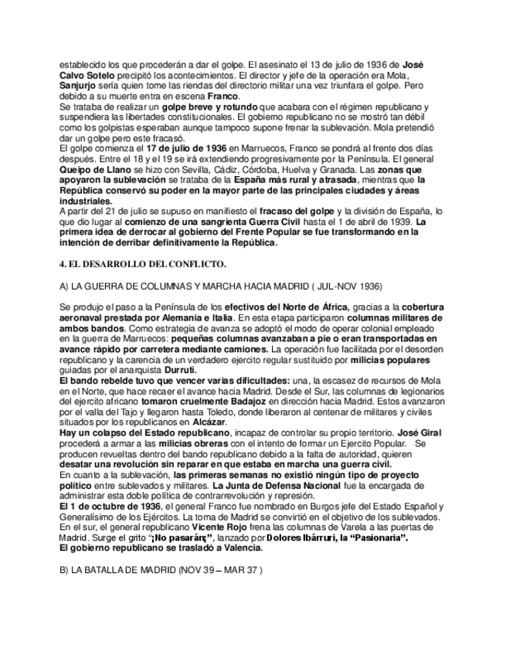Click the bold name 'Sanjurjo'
[80, 85]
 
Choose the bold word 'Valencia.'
[239, 548]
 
